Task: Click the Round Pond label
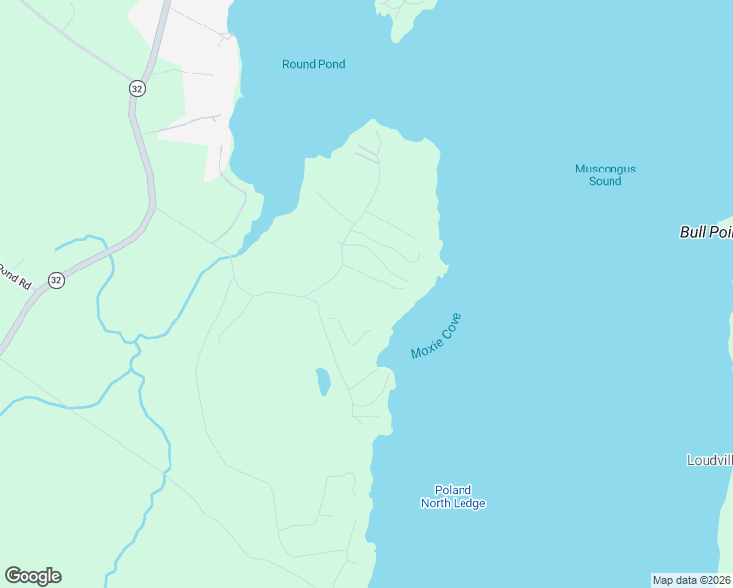(x=314, y=64)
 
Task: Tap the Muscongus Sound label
(x=605, y=174)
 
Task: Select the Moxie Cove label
(x=435, y=336)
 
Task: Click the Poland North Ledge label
(x=453, y=497)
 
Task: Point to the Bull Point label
(x=706, y=232)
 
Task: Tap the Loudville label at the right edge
(x=709, y=460)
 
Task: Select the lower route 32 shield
(x=56, y=280)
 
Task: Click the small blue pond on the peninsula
(x=322, y=381)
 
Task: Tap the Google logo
(x=32, y=576)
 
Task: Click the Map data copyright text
(x=691, y=580)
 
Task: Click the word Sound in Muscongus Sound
(x=606, y=181)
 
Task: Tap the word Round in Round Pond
(x=298, y=64)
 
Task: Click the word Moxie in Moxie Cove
(x=425, y=346)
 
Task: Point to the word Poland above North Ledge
(x=453, y=490)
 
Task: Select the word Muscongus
(x=605, y=169)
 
